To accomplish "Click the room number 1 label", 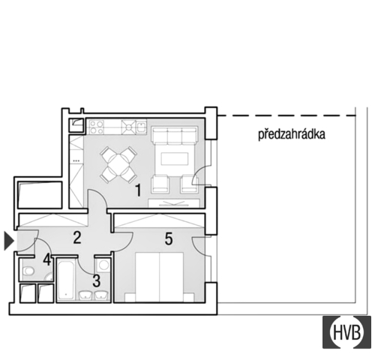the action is (138, 190).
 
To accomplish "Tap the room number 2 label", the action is (77, 237).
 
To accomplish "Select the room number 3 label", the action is (97, 280).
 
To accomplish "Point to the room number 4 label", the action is (47, 259).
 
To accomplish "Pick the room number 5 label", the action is (169, 238).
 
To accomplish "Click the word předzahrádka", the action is (292, 134).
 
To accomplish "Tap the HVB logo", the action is (346, 332).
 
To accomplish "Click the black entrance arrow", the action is (9, 241).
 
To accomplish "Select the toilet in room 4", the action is (28, 271).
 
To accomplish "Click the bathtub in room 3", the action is (65, 280).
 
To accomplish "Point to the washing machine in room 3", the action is (103, 265).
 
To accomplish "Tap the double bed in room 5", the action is (159, 277).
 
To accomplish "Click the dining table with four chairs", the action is (118, 164).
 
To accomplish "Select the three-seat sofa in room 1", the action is (175, 135).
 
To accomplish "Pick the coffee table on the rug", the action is (175, 159).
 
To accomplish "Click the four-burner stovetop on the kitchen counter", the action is (97, 127).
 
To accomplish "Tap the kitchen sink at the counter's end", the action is (141, 127).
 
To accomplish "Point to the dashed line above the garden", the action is (286, 115).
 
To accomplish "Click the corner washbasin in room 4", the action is (49, 277).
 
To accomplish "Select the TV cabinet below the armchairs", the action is (174, 203).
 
